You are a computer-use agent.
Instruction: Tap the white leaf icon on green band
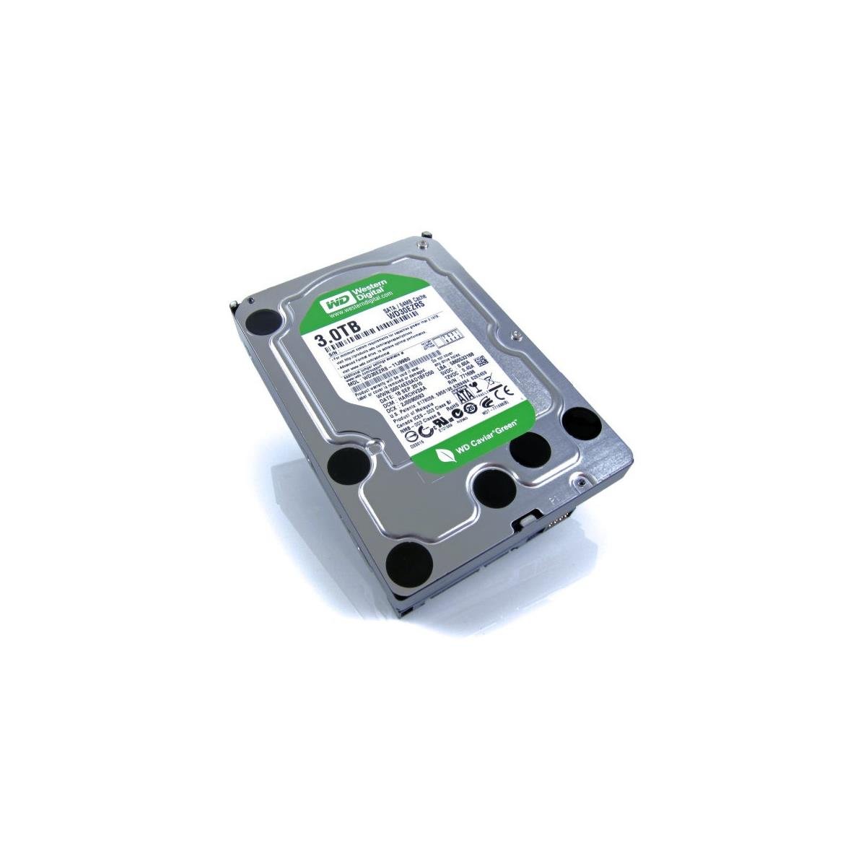tap(442, 454)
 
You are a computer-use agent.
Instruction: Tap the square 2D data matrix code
tap(483, 361)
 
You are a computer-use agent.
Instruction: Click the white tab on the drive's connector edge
tap(528, 520)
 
